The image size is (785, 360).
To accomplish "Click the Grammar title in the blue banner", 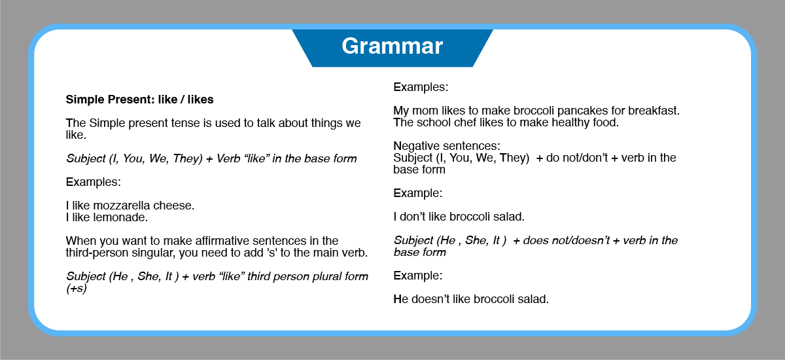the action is pos(392,46).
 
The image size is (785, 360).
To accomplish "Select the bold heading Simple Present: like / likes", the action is pos(139,99).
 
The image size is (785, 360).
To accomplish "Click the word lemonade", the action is pos(120,217).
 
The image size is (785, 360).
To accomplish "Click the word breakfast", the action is pos(654,111).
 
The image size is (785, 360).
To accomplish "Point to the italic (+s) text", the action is pos(77,288).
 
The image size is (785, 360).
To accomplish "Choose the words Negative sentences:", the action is pos(447,146).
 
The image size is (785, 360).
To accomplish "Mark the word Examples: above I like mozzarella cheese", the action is pos(93,182).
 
